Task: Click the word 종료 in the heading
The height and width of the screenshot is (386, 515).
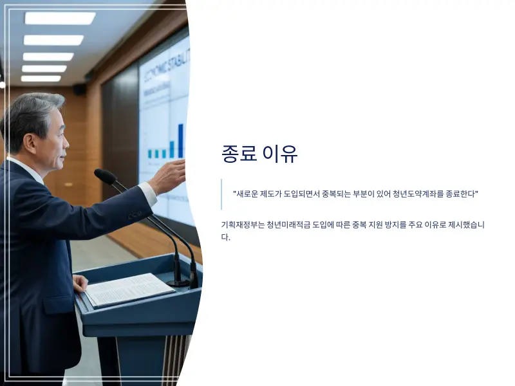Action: tap(239, 154)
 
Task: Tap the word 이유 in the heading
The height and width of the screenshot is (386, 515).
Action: tap(281, 154)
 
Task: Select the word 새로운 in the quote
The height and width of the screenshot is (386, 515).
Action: tap(248, 194)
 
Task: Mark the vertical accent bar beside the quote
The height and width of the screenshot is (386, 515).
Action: tap(221, 194)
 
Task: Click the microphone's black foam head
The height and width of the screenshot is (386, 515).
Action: tap(105, 176)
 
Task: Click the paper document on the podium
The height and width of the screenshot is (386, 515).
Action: tap(129, 289)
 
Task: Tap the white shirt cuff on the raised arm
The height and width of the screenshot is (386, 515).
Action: tap(148, 192)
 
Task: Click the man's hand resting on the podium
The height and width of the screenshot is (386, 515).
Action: tap(79, 283)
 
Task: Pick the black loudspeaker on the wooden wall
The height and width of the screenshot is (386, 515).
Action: tap(80, 89)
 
